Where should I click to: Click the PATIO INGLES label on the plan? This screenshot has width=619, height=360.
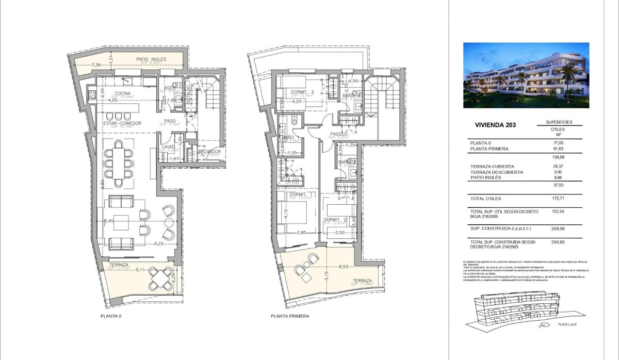coord(151,59)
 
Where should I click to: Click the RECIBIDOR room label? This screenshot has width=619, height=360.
coord(209,152)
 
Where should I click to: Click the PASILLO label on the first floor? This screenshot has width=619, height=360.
coord(338,134)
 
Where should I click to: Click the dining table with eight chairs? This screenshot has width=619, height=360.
coord(119,163)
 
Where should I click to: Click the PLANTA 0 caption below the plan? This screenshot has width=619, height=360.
coord(112,316)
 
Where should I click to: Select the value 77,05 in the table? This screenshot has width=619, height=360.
coord(559,142)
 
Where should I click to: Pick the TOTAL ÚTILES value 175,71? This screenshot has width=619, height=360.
coord(559,199)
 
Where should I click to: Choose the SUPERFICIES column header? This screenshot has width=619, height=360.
coord(559,122)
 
